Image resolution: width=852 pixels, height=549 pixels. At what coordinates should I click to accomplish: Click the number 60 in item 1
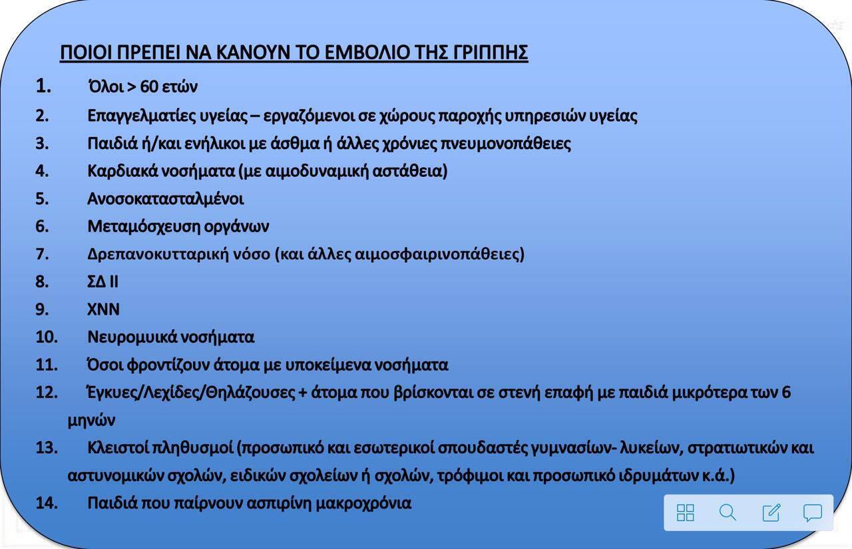tap(149, 87)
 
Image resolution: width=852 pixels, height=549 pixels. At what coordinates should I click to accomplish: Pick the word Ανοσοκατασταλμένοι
tap(166, 199)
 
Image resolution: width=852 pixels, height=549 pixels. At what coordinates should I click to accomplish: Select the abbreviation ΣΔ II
tap(103, 281)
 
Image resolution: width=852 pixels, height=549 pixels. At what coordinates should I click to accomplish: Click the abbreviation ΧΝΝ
tap(103, 309)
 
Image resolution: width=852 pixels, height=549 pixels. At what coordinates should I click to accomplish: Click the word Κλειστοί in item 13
tap(118, 448)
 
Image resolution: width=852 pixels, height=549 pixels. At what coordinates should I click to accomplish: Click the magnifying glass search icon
tap(728, 512)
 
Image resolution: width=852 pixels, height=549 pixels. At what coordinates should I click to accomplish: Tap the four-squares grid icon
tap(686, 512)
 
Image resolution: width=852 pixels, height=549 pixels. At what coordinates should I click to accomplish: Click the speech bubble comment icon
tap(813, 513)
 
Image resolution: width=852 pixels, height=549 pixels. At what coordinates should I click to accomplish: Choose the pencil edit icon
tap(771, 512)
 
